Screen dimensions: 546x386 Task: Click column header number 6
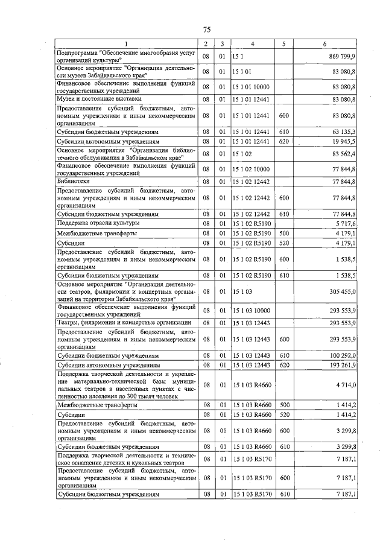(x=324, y=43)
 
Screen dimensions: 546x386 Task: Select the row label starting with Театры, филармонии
(x=124, y=323)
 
